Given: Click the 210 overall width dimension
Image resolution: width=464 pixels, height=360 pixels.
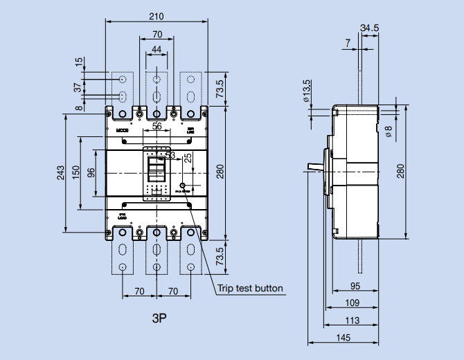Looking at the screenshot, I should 157,15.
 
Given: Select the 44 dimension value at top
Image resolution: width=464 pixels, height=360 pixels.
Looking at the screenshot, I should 157,48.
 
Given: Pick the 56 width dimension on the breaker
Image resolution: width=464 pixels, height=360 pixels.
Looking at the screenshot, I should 157,126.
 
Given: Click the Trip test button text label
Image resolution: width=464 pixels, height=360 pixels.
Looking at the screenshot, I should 250,288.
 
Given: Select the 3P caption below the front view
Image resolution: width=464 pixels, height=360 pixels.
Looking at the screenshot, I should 160,319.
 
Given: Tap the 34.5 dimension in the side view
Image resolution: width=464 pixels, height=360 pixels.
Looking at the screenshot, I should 370,28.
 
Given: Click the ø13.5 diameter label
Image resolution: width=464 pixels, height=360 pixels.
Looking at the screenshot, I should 306,91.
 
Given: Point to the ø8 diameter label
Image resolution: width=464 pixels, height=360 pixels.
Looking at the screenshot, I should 389,132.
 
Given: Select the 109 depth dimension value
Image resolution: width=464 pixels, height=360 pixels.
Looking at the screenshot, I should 353,303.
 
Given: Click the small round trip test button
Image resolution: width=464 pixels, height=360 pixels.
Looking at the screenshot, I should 183,186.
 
